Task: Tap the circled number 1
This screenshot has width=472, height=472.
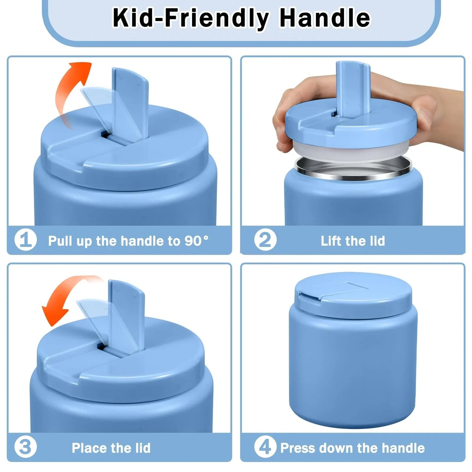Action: (x=25, y=240)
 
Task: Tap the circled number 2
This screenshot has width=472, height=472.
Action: (x=265, y=240)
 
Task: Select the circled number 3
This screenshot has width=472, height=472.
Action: (x=25, y=447)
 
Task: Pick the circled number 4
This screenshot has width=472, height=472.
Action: (x=265, y=447)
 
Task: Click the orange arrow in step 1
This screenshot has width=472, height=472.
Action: (x=73, y=88)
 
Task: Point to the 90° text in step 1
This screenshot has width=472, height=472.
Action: (x=197, y=241)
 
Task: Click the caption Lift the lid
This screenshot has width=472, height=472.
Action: (x=353, y=241)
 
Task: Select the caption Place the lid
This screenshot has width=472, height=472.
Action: (x=111, y=448)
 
